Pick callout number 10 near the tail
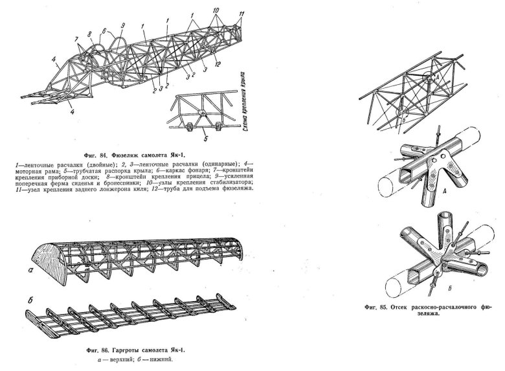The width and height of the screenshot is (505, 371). (215, 10)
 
